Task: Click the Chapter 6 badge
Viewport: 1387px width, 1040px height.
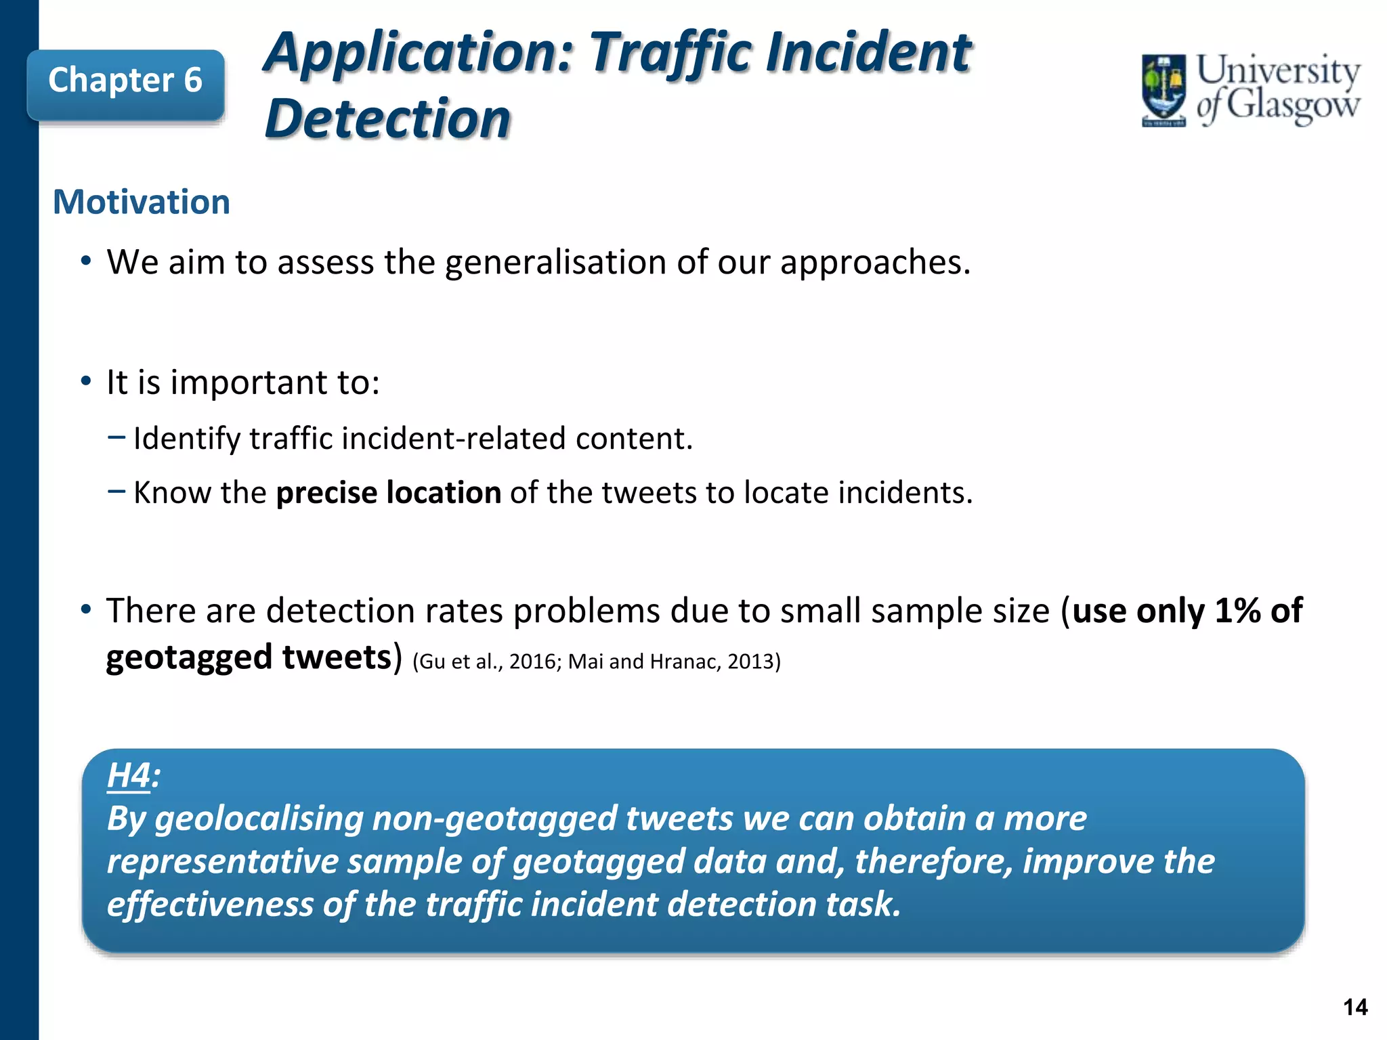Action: coord(125,82)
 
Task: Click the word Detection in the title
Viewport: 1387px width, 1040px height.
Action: coord(387,120)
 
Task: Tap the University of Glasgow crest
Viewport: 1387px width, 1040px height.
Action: coord(1164,89)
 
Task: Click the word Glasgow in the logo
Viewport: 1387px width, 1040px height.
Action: coord(1292,106)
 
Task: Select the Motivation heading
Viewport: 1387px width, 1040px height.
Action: coord(142,202)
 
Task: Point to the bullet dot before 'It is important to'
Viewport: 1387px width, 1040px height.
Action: coord(85,382)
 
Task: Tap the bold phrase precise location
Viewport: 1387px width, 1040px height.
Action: coord(389,492)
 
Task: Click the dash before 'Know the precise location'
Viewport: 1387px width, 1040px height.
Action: coord(116,490)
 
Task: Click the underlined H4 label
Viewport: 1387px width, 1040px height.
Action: coord(129,775)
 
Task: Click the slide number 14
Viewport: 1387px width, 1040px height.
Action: coord(1355,1007)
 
